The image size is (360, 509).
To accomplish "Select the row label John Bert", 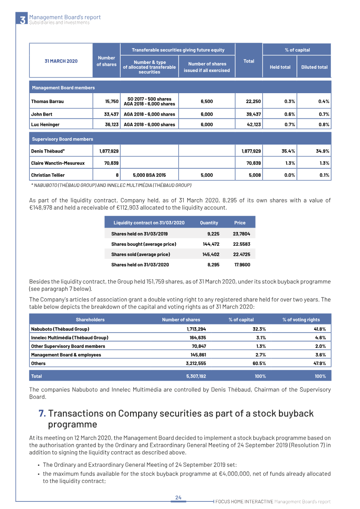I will tap(41, 114).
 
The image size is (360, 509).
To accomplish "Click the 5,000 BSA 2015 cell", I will tap(149, 175).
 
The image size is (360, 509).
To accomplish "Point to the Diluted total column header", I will tap(314, 67).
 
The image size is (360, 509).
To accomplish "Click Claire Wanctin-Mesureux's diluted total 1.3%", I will tap(323, 163).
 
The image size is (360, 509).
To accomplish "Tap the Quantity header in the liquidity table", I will tap(209, 223).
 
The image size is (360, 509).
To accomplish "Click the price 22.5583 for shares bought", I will tap(242, 244).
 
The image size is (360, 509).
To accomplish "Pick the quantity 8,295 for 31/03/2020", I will tap(214, 265).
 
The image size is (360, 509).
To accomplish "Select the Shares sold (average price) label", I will tap(140, 254).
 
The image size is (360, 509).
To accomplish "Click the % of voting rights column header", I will tap(301, 320).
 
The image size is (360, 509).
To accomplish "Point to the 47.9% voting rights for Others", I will tap(319, 363).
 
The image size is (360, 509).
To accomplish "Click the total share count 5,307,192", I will tap(196, 375).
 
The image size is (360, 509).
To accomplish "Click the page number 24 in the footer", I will tap(178, 497).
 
